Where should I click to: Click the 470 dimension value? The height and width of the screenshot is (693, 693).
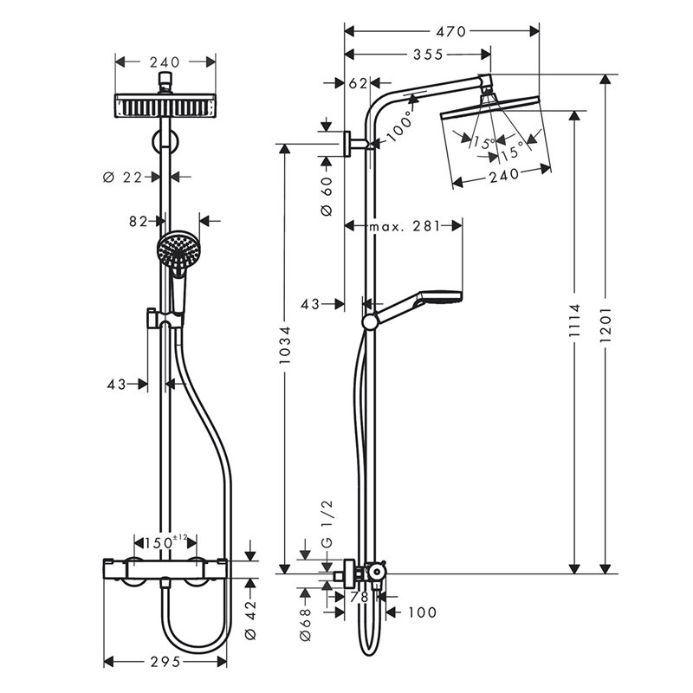(450, 31)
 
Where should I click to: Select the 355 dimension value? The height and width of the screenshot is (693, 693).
(427, 55)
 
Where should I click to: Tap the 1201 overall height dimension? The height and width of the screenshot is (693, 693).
(606, 324)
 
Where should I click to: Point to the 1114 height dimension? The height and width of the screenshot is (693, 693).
(574, 320)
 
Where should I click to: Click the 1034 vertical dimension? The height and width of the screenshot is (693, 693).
(285, 345)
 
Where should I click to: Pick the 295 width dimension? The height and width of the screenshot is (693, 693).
(165, 662)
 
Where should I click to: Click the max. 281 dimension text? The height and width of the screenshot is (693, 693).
(405, 226)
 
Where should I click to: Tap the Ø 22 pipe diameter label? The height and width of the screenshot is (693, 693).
(122, 178)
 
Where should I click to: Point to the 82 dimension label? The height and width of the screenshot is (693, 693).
(139, 221)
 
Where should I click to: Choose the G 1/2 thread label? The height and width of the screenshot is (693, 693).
(327, 525)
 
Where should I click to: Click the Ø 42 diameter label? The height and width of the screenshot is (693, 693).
(250, 619)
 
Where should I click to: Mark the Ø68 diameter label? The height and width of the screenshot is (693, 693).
(306, 624)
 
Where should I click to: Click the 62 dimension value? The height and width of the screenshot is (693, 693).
(358, 83)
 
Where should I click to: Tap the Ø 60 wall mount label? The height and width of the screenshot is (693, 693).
(327, 197)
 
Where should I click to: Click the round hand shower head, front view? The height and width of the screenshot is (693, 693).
(178, 250)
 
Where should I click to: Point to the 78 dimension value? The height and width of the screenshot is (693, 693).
(359, 597)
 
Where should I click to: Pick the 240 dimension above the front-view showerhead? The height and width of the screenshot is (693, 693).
(165, 62)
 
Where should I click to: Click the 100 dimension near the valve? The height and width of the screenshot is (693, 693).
(422, 612)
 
